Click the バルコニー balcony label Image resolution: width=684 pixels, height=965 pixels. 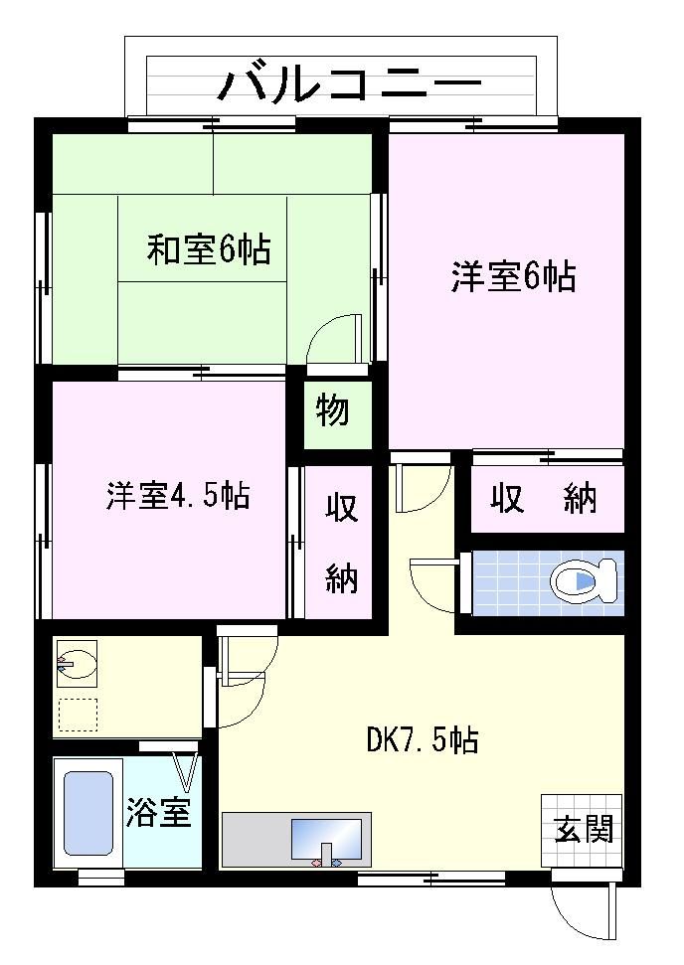(x=350, y=83)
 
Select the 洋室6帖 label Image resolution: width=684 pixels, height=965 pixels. (x=513, y=276)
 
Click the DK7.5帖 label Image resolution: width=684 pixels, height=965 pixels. (x=423, y=738)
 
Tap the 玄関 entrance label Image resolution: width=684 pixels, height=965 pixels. (x=584, y=829)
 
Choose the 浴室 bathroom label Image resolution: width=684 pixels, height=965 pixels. (x=158, y=812)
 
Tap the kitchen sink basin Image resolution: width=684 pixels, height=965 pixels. (x=326, y=839)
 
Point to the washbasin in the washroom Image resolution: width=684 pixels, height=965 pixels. (x=77, y=664)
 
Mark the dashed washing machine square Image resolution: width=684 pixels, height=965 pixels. (x=78, y=715)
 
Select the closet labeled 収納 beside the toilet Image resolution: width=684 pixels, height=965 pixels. (x=548, y=499)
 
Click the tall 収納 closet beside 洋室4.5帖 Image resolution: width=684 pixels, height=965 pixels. (x=339, y=542)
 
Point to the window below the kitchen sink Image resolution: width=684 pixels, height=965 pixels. (x=430, y=879)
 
